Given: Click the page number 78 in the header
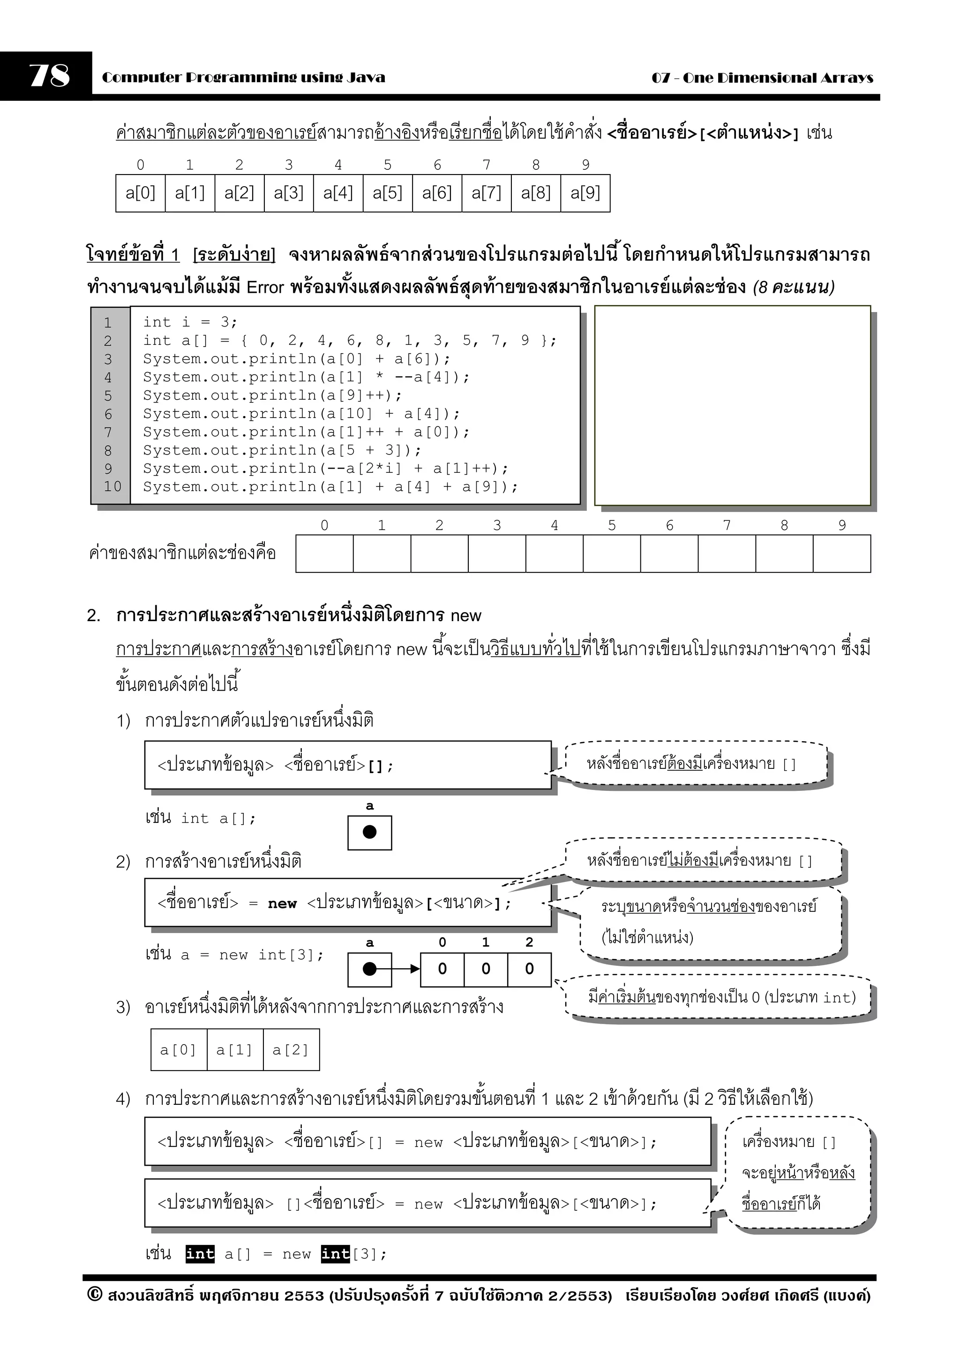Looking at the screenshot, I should (50, 76).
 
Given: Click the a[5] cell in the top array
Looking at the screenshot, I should (388, 193).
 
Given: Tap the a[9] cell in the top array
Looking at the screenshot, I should (585, 193).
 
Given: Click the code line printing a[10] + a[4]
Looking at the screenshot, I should (301, 414).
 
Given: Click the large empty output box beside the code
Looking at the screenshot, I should (732, 405).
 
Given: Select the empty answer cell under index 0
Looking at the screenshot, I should (324, 554).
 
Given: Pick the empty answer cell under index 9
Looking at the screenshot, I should (842, 554).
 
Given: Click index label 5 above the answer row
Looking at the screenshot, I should (612, 525).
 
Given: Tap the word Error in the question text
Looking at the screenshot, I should (265, 288).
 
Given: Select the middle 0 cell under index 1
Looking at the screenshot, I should (486, 969).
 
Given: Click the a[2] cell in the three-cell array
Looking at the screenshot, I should (291, 1050).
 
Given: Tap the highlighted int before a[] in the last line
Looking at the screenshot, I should (200, 1253).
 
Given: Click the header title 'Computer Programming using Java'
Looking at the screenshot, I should (243, 77).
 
